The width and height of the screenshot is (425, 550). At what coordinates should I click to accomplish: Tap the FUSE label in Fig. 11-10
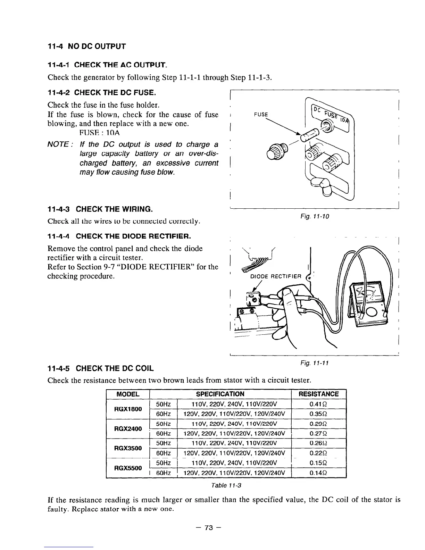pos(261,115)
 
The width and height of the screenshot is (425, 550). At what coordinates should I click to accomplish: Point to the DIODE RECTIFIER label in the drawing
pos(275,276)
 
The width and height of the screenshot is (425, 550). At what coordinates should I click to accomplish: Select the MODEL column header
pos(128,394)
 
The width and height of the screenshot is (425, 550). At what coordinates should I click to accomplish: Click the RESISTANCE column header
pos(318,394)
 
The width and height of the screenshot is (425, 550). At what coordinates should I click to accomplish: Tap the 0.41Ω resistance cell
pos(318,404)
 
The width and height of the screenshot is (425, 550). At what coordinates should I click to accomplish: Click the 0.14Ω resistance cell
pos(318,473)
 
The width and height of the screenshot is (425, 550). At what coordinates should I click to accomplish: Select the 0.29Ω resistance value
pos(318,424)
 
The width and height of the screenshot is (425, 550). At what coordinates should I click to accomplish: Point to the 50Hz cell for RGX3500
pos(163,443)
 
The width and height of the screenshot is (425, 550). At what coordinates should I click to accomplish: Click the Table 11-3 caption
pos(226,485)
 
